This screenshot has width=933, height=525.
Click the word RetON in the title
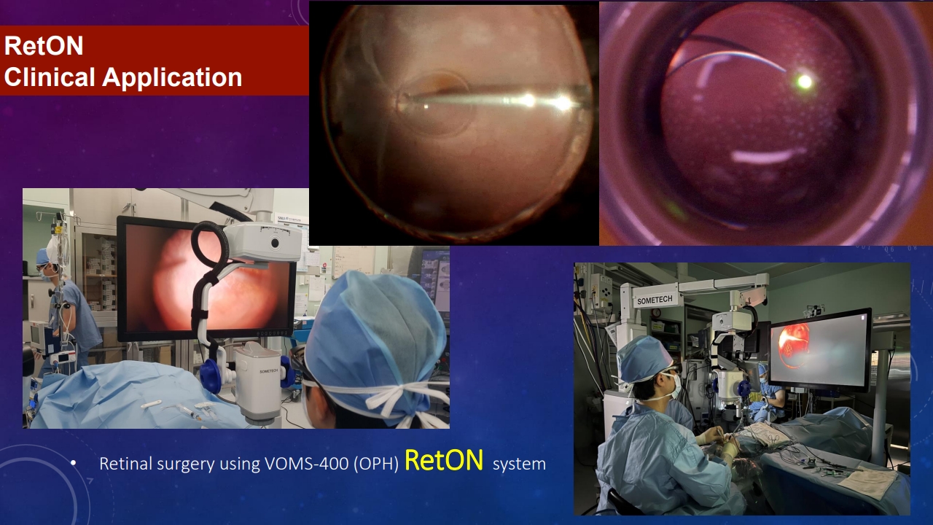click(x=44, y=45)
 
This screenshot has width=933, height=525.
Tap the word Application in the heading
click(x=172, y=78)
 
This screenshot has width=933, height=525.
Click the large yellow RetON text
click(x=444, y=460)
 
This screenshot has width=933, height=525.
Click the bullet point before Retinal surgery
click(x=74, y=463)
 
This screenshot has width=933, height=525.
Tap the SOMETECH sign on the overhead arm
click(x=655, y=300)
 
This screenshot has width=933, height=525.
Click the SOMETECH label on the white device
click(x=269, y=371)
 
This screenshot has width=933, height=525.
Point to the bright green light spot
click(x=805, y=81)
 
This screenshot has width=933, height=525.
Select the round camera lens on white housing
click(x=275, y=242)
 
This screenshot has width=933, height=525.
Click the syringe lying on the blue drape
click(x=190, y=413)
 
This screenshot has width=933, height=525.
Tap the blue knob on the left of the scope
click(x=209, y=376)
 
